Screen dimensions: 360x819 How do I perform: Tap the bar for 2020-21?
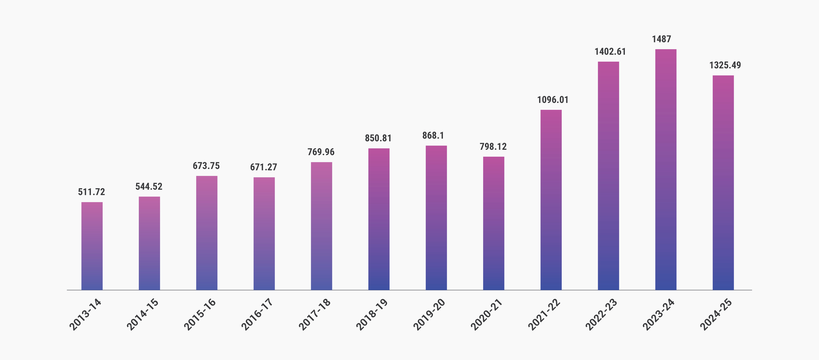click(493, 223)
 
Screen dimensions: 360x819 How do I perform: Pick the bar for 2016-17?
click(264, 233)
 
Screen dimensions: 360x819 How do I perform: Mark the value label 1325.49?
click(725, 65)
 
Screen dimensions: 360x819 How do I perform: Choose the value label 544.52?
click(149, 186)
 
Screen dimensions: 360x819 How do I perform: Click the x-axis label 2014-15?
click(143, 314)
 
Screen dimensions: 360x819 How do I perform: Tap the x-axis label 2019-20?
click(429, 314)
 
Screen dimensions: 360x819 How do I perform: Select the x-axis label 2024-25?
click(716, 314)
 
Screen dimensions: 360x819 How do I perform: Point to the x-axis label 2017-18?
click(315, 314)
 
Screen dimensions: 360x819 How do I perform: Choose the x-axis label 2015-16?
click(200, 314)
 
